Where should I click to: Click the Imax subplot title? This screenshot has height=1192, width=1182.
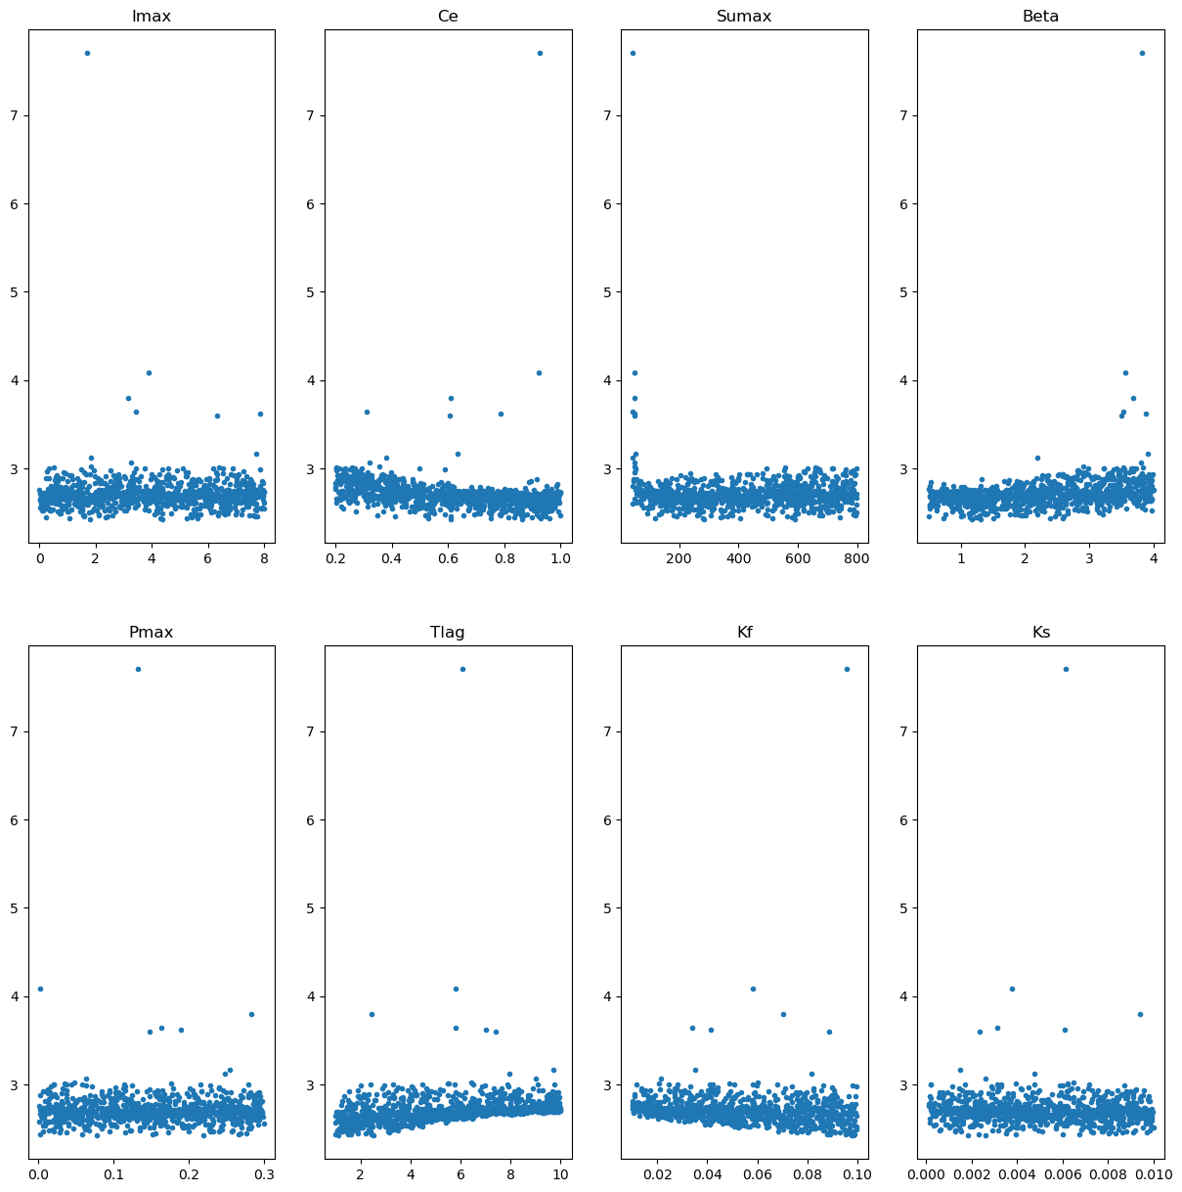coord(151,16)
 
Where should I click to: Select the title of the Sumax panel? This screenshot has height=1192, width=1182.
coord(743,16)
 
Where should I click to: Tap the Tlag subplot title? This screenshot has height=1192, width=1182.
coord(447,632)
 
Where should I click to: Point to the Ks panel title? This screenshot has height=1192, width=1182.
coord(1041,632)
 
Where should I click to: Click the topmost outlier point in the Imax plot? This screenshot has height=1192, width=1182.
coord(87,53)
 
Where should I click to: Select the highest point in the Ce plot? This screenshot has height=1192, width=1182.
coord(540,53)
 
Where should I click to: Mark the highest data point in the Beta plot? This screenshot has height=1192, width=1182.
coord(1142,53)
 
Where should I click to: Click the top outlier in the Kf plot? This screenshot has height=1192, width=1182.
coord(847,669)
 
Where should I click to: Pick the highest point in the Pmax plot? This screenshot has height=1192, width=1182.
coord(138,669)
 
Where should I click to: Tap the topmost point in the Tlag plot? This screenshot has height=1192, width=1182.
coord(462,669)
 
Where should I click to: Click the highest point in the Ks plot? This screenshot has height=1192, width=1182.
coord(1066,669)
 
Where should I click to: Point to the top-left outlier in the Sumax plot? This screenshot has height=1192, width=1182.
coord(633,53)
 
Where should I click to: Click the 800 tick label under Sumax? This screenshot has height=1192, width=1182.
coord(856,558)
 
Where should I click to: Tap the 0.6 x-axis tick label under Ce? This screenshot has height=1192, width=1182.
coord(449,558)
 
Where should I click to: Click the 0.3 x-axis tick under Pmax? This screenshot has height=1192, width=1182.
coord(265,1174)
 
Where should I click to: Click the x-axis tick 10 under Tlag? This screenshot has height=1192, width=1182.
coord(560,1174)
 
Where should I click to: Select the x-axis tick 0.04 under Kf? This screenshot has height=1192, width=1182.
coord(707,1174)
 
